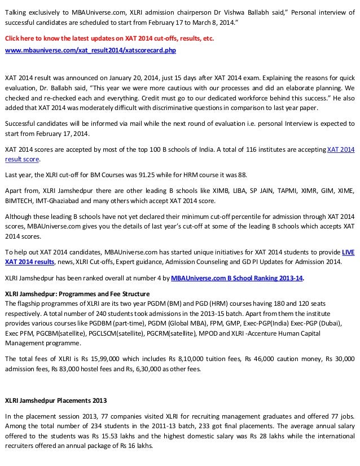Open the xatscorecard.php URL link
[x=90, y=50]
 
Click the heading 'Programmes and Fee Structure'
[x=108, y=294]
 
